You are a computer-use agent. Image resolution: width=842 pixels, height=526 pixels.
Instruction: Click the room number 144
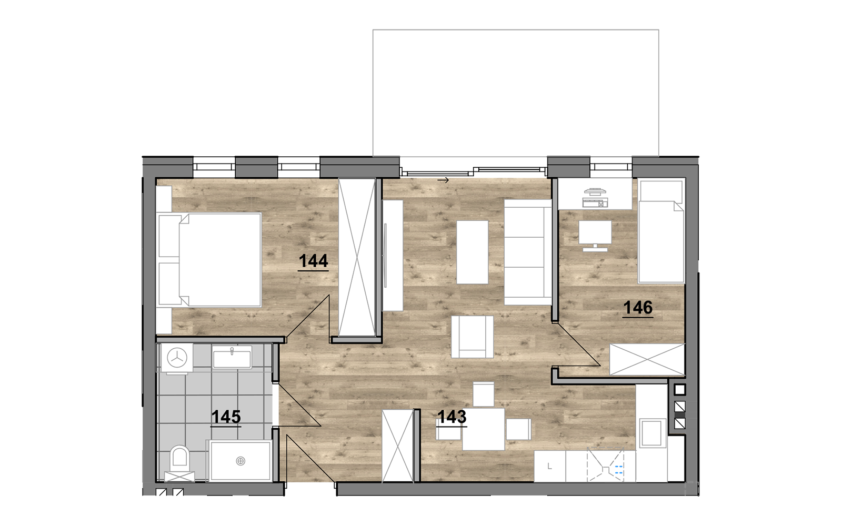pyautogui.click(x=313, y=261)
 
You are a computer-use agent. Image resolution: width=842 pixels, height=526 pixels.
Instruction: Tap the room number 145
pyautogui.click(x=226, y=417)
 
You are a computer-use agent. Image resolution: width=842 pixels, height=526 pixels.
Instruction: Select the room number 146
pyautogui.click(x=638, y=308)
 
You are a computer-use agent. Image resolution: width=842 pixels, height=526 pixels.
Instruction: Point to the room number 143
pyautogui.click(x=452, y=417)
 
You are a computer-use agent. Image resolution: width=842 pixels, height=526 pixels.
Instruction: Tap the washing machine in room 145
pyautogui.click(x=176, y=358)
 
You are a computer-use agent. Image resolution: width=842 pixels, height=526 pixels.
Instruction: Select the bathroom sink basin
pyautogui.click(x=232, y=357)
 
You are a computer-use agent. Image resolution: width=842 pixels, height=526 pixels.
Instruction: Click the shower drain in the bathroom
pyautogui.click(x=240, y=461)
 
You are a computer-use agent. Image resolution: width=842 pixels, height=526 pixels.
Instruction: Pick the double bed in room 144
pyautogui.click(x=209, y=260)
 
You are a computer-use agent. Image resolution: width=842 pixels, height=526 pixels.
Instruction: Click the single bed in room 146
pyautogui.click(x=661, y=232)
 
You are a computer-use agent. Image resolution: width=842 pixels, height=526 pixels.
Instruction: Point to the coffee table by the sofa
pyautogui.click(x=472, y=252)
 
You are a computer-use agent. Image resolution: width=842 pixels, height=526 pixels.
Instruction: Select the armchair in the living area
pyautogui.click(x=473, y=337)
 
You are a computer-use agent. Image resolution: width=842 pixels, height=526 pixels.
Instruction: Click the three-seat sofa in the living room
pyautogui.click(x=528, y=252)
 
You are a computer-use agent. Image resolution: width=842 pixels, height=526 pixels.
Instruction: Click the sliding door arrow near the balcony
pyautogui.click(x=443, y=181)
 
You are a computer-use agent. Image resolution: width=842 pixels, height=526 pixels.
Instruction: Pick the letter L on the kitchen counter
pyautogui.click(x=549, y=467)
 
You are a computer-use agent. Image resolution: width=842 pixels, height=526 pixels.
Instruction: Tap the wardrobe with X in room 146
pyautogui.click(x=647, y=360)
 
